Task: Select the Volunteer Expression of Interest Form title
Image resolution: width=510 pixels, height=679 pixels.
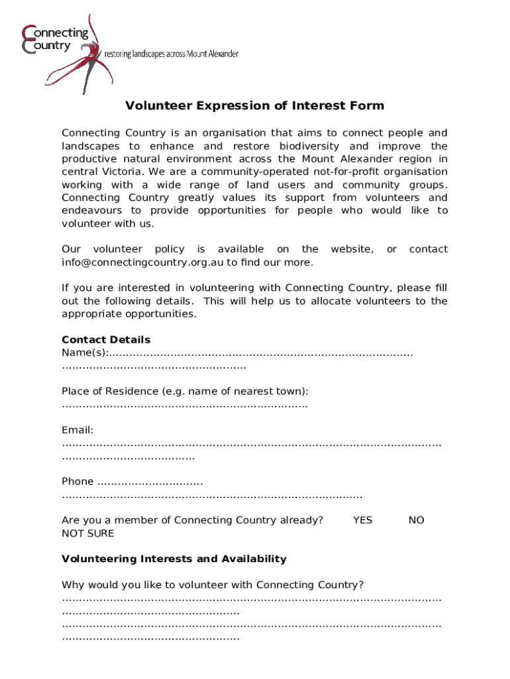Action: [255, 106]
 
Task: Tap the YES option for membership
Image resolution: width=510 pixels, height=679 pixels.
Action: [362, 521]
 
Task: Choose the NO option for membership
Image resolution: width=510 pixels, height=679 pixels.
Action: [416, 521]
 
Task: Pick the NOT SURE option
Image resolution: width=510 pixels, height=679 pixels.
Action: [87, 534]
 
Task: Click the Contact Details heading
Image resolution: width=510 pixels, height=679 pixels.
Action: [106, 340]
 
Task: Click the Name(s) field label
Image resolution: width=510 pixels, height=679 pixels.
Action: [85, 353]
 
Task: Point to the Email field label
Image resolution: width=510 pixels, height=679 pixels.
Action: [77, 430]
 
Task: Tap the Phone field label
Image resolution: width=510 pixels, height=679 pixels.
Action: [77, 482]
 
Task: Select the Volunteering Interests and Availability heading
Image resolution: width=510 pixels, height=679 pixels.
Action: [174, 559]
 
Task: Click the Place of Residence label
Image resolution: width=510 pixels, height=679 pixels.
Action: [185, 391]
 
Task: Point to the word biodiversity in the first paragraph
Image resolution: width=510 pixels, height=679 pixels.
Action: [309, 146]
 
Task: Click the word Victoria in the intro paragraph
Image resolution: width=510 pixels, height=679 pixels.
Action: [118, 172]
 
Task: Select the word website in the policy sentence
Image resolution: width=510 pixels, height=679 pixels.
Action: [352, 249]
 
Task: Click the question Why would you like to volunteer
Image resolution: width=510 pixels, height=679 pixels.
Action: [213, 585]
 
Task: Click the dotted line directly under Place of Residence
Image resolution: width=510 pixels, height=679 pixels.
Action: [185, 404]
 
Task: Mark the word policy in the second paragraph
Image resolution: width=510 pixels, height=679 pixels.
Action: [169, 249]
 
